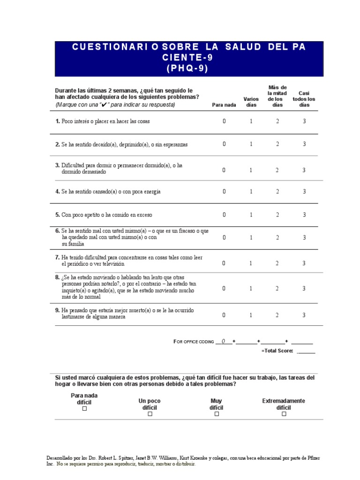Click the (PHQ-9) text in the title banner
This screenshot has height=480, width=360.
coord(187,68)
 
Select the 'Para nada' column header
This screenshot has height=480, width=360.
coord(224,105)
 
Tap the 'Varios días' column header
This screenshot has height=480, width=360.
coord(251,102)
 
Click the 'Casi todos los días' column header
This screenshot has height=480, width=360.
coord(304,99)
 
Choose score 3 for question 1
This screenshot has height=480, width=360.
coord(304,121)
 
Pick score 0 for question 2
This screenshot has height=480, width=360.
coord(224,144)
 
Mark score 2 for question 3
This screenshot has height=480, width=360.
coord(277,170)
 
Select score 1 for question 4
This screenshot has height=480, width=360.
coord(251,191)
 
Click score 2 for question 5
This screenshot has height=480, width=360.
coord(277,215)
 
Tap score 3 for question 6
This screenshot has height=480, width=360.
coord(304,238)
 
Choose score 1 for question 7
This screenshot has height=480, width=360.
coord(251,263)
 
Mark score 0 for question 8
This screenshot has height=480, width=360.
coord(224,288)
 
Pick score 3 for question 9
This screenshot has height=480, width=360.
coord(304,315)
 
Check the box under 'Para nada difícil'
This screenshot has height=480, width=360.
coord(84,409)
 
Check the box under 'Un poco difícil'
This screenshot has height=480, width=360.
coord(150,414)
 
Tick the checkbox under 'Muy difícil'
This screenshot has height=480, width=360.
coord(216,414)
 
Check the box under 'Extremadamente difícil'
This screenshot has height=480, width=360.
coord(284,414)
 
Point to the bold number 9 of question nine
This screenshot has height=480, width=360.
coord(57,310)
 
